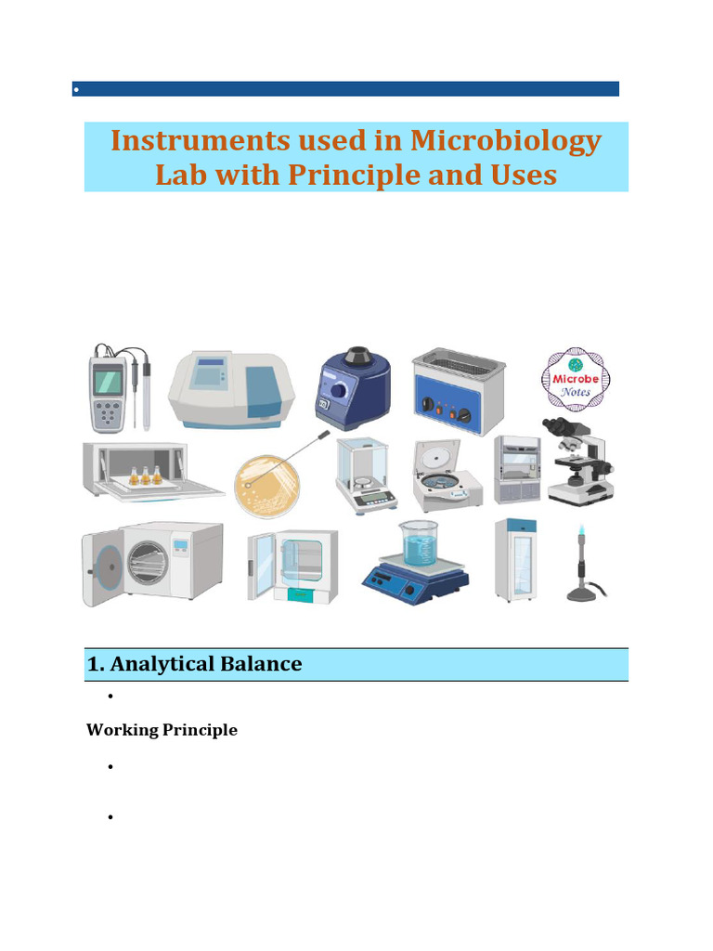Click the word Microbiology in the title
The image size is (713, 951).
point(506,142)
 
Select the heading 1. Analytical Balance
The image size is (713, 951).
point(194,663)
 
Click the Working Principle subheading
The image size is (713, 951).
point(162,730)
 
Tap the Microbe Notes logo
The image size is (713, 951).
point(576,380)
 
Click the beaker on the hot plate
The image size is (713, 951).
point(419,543)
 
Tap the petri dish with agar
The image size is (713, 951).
point(266,486)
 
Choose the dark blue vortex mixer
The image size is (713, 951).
point(353,389)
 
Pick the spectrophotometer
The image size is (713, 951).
point(231,389)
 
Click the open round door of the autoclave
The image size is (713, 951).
point(104,568)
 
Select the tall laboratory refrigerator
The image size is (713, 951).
point(515,560)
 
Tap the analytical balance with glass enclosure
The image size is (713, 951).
point(366,476)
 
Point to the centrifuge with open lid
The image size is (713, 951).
point(447,476)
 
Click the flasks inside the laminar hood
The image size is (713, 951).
point(146,475)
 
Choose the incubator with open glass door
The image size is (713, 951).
point(292,567)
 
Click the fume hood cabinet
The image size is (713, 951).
point(516,469)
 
